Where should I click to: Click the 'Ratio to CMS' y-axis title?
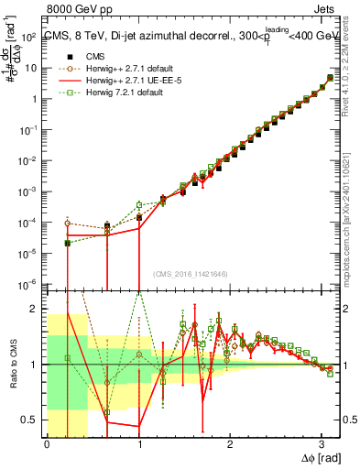(x=12, y=364)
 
